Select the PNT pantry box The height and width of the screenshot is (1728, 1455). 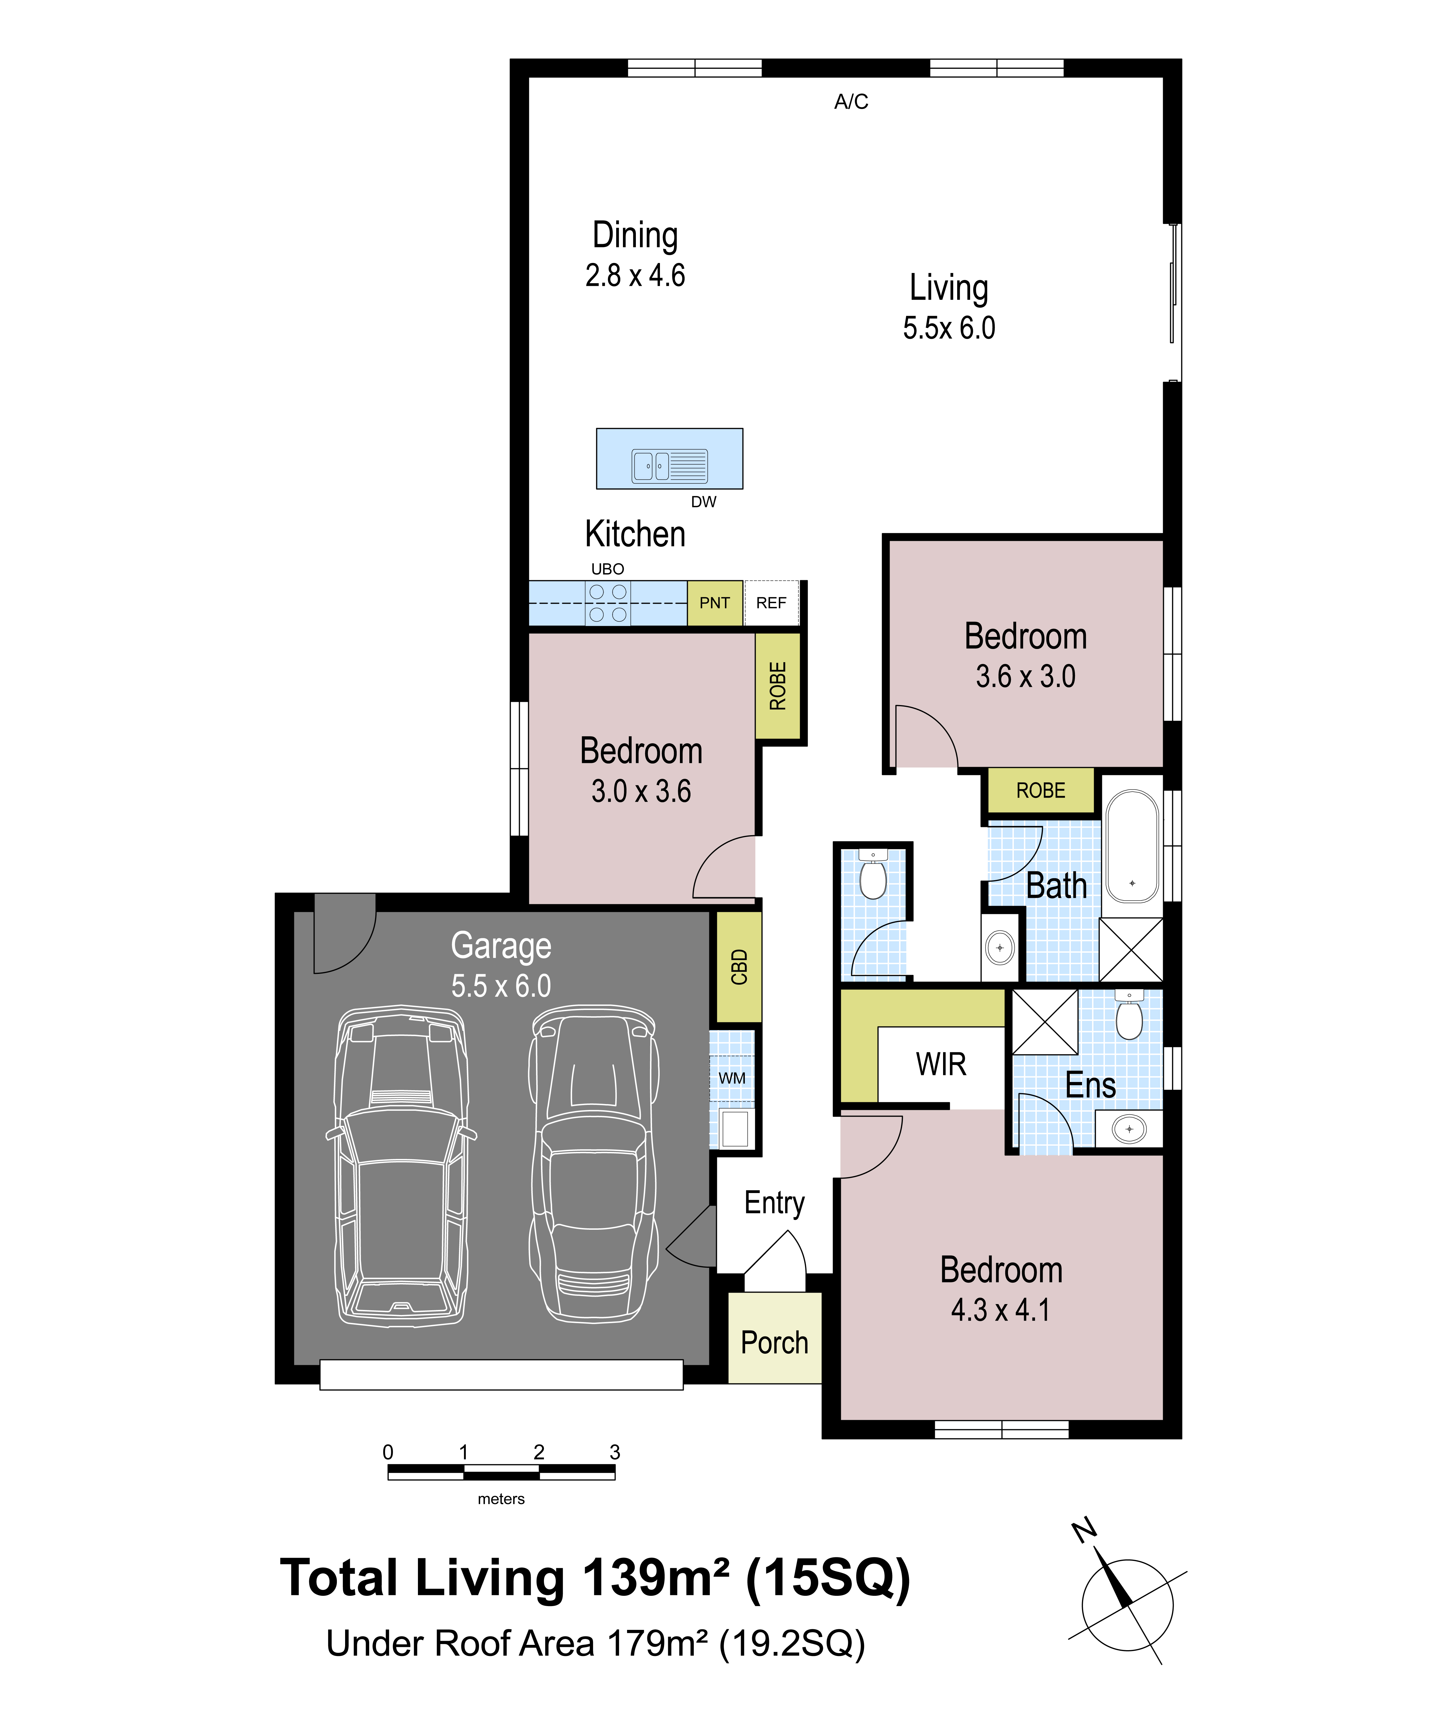tap(714, 603)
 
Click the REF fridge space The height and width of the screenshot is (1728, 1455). tap(771, 603)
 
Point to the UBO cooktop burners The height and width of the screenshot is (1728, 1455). tap(608, 603)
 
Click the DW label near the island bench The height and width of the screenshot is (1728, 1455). tap(704, 501)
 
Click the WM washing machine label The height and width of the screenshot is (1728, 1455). tap(732, 1078)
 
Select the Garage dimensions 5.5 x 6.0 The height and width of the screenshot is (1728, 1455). tap(501, 986)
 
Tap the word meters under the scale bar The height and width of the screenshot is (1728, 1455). tap(501, 1499)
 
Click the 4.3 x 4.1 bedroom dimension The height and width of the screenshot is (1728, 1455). tap(1001, 1310)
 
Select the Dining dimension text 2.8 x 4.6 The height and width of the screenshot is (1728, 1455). tap(635, 275)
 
